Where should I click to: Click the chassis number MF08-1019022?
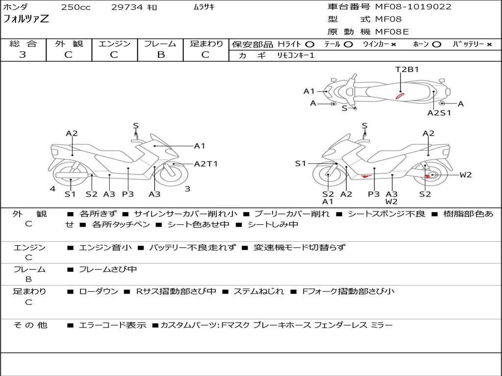tap(413, 7)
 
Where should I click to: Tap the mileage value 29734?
tap(125, 7)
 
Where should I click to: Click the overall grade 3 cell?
tap(23, 55)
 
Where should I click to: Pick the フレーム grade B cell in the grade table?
tap(160, 55)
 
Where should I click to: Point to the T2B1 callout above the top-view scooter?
tap(407, 69)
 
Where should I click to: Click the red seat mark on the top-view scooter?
tap(400, 95)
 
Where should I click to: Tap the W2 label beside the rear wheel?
tap(465, 175)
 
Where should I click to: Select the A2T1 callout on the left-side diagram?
tap(205, 164)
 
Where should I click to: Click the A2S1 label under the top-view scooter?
tap(439, 113)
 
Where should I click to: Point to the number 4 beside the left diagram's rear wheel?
tap(52, 189)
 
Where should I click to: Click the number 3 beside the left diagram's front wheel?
tap(187, 188)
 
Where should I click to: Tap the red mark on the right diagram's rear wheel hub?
tap(431, 175)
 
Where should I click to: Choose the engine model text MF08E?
tap(392, 32)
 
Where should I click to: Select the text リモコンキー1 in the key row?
tap(296, 56)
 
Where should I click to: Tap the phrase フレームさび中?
tap(108, 269)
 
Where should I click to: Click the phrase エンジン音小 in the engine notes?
tap(105, 247)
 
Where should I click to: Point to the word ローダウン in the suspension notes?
tap(99, 291)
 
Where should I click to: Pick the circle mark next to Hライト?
tap(310, 45)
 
